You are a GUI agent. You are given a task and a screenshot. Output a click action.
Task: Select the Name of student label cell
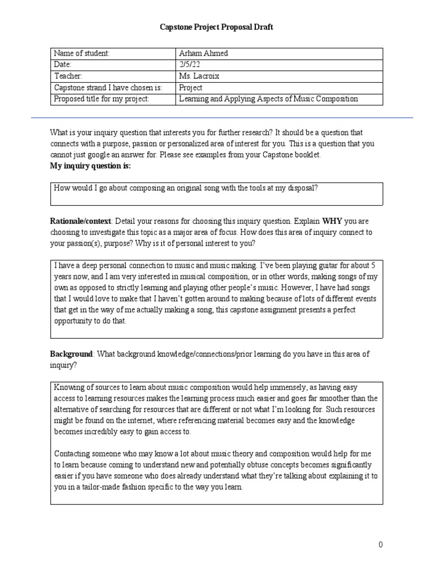[81, 54]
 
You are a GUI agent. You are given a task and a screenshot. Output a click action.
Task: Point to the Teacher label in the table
[68, 76]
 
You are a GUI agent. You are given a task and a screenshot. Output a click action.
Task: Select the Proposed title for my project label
[101, 99]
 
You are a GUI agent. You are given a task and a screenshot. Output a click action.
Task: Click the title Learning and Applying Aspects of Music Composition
[268, 99]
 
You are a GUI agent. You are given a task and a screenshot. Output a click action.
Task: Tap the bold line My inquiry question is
[90, 166]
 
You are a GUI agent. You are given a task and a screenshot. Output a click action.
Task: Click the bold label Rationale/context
[81, 221]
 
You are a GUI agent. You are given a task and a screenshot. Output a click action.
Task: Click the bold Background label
[71, 354]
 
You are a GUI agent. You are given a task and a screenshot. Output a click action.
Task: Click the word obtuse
[277, 465]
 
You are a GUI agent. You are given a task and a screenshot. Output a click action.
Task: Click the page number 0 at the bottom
[381, 544]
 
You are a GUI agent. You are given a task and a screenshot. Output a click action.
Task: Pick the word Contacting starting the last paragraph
[73, 454]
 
